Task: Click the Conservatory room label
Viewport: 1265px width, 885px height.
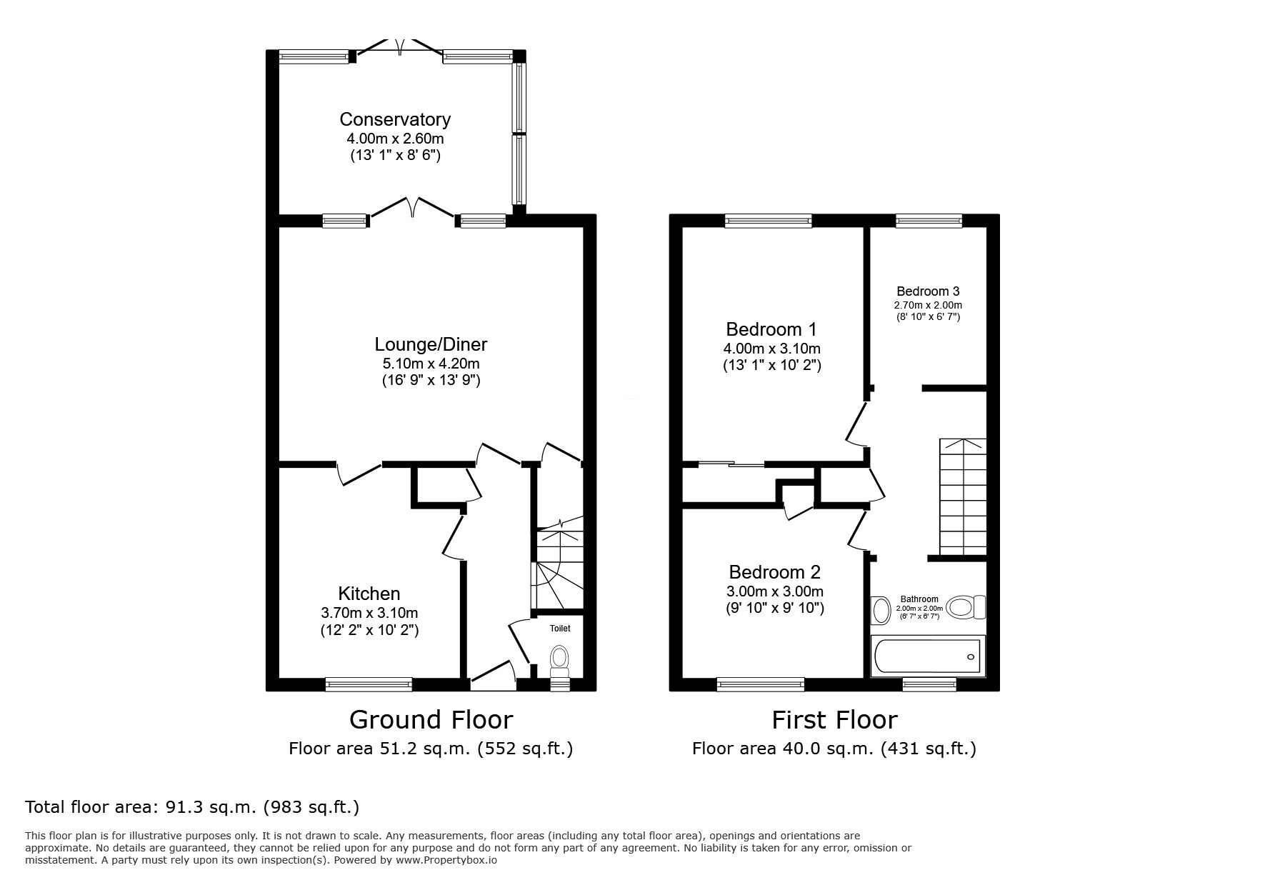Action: click(395, 119)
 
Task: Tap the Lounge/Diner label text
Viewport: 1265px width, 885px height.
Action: click(431, 344)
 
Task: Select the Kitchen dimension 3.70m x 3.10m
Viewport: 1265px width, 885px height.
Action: click(369, 613)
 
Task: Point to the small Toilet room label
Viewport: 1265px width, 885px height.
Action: click(560, 629)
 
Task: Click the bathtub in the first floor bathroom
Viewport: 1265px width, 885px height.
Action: click(926, 655)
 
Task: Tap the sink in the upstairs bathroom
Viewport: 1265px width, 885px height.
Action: click(881, 611)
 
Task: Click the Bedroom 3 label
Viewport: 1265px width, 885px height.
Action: click(928, 291)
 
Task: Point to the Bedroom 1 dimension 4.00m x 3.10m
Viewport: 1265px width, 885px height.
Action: click(771, 349)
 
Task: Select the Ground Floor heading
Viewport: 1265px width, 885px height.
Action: click(431, 719)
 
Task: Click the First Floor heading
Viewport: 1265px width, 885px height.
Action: click(834, 719)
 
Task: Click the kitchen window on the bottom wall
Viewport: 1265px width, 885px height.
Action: click(369, 684)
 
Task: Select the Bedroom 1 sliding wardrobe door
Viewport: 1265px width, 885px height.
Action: click(730, 464)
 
